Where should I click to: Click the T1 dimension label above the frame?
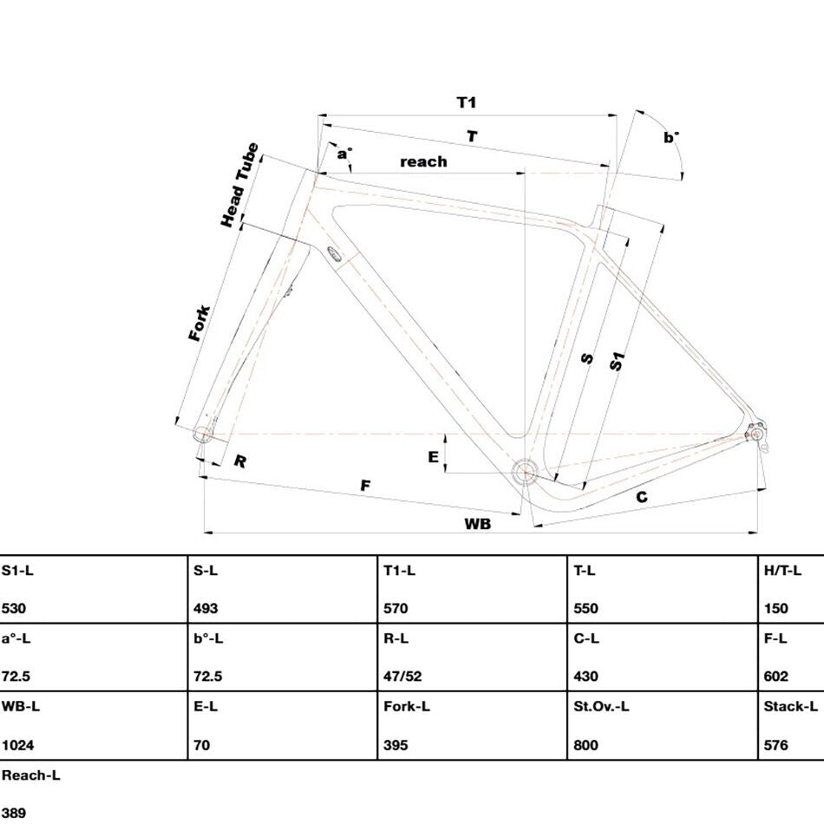coord(467,102)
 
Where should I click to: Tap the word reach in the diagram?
coord(423,161)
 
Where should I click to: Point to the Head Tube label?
coord(239,185)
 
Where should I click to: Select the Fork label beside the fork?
coord(199,323)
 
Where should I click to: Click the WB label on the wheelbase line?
coord(478,523)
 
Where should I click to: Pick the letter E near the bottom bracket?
coord(433,456)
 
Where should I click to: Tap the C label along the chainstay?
coord(642,497)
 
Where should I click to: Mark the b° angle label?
coord(671,137)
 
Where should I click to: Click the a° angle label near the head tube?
coord(344,154)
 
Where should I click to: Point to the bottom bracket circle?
coord(525,473)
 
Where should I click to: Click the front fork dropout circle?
coord(202,434)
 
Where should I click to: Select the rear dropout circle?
coord(755,434)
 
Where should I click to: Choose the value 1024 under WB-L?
coord(18,745)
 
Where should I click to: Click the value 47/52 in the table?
coord(402,676)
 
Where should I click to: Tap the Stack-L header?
coord(790,706)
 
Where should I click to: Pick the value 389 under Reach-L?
coord(14,813)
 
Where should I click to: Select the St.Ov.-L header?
coord(601,706)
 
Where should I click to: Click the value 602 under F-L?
coord(776,676)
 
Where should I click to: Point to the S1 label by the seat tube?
coord(618,361)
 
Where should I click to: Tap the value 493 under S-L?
coord(206,608)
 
